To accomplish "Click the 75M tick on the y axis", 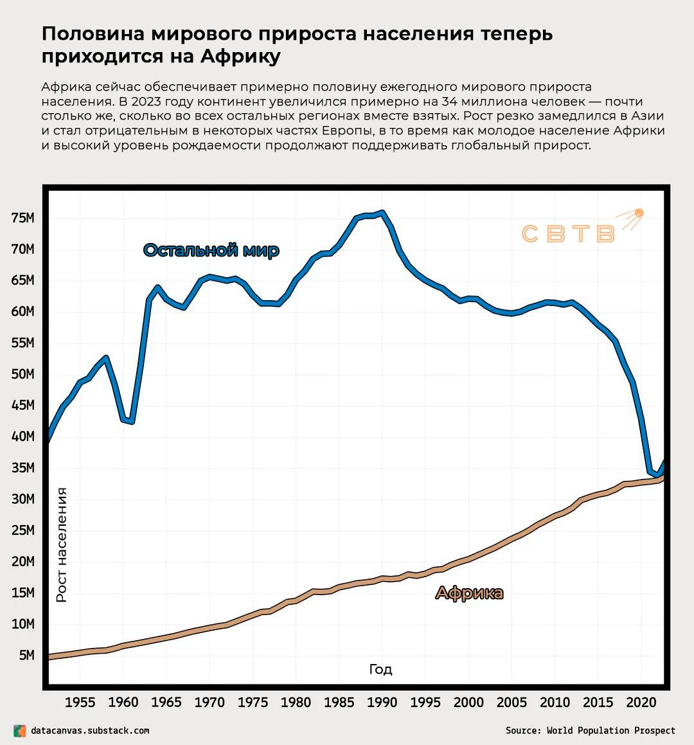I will point(22,219).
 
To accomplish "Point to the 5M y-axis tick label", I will point(26,656).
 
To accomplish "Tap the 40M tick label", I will point(22,436).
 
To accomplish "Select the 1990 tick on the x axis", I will point(382,703).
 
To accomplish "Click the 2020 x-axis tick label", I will point(641,703).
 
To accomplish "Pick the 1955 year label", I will point(80,703).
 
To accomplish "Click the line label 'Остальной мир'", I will point(211,250).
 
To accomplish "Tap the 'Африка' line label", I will point(469,593).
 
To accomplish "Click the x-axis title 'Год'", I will point(380,670).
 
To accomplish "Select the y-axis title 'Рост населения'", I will point(62,544).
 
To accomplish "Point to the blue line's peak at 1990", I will point(382,212).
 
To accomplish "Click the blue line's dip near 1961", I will point(131,422).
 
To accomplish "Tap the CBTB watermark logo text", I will point(567,234).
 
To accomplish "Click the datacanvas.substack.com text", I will point(90,731).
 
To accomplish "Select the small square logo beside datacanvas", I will point(20,731).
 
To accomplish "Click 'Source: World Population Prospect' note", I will point(590,731).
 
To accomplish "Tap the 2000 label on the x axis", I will point(468,703).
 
